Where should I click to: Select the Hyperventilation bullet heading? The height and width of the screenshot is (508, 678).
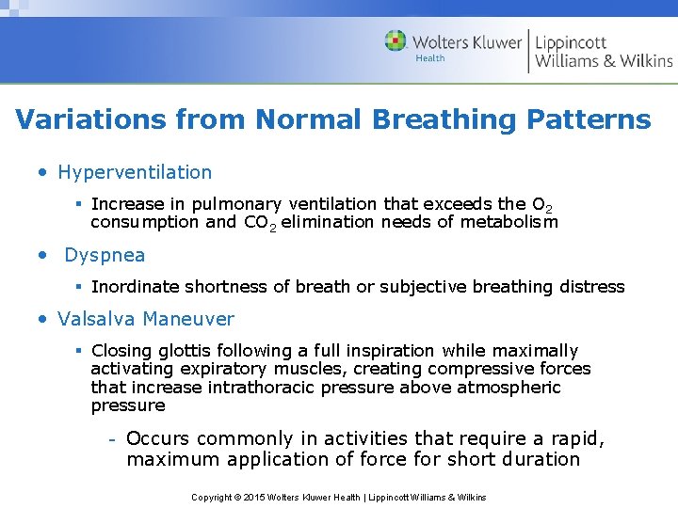[135, 172]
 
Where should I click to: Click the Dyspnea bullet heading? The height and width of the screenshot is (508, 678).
[105, 255]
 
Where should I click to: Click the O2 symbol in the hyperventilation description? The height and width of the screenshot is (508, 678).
[541, 204]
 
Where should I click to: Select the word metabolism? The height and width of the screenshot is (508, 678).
[511, 222]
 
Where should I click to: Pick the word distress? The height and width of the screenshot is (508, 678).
[590, 286]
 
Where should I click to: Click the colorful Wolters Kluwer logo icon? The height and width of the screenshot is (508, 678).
[395, 40]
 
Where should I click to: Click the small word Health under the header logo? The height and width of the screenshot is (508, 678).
[430, 58]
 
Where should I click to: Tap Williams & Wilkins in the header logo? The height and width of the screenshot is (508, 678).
[604, 61]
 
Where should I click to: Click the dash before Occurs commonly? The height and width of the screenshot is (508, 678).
[111, 439]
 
